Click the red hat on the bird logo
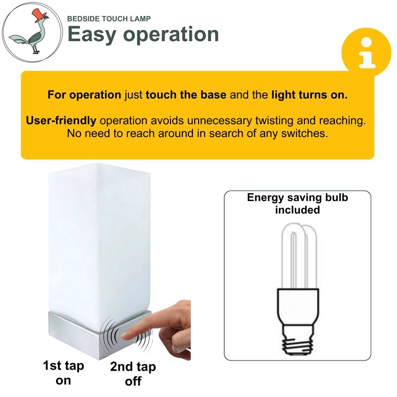(39, 15)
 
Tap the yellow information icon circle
(366, 53)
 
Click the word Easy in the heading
(92, 35)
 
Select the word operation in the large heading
(171, 35)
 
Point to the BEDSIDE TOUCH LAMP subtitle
(109, 19)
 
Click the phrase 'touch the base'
(186, 95)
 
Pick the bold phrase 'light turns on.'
(310, 95)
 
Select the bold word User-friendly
(61, 121)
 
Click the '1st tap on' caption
(63, 373)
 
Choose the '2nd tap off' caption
(133, 374)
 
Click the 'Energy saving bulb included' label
(297, 204)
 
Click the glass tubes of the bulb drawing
(299, 256)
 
